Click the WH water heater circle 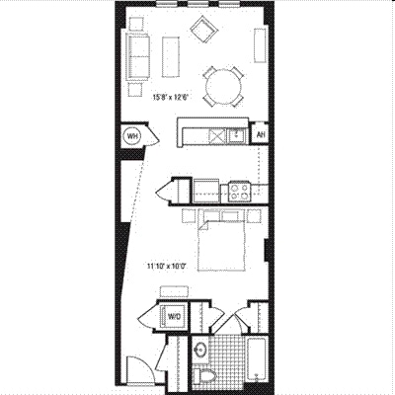(132, 135)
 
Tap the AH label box (261, 134)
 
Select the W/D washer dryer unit (172, 316)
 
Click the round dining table (223, 87)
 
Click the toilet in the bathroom (204, 376)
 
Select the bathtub (258, 360)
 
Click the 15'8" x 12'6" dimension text (172, 98)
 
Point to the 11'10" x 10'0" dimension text (166, 267)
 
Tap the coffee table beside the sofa (171, 57)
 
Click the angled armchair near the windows (204, 30)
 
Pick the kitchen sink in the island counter (237, 135)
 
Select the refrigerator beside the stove (206, 191)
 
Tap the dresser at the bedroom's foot (174, 291)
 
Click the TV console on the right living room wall (260, 45)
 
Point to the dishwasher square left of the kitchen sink (218, 135)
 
